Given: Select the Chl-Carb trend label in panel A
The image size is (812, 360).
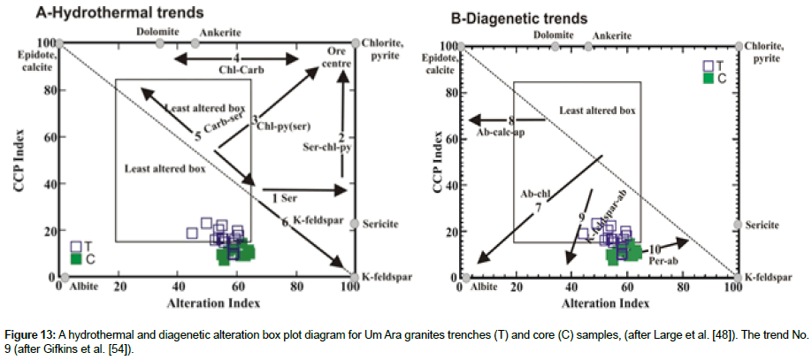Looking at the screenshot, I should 236,70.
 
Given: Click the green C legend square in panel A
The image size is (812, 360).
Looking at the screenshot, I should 77,259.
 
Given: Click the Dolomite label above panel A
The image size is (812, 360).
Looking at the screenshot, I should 157,30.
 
